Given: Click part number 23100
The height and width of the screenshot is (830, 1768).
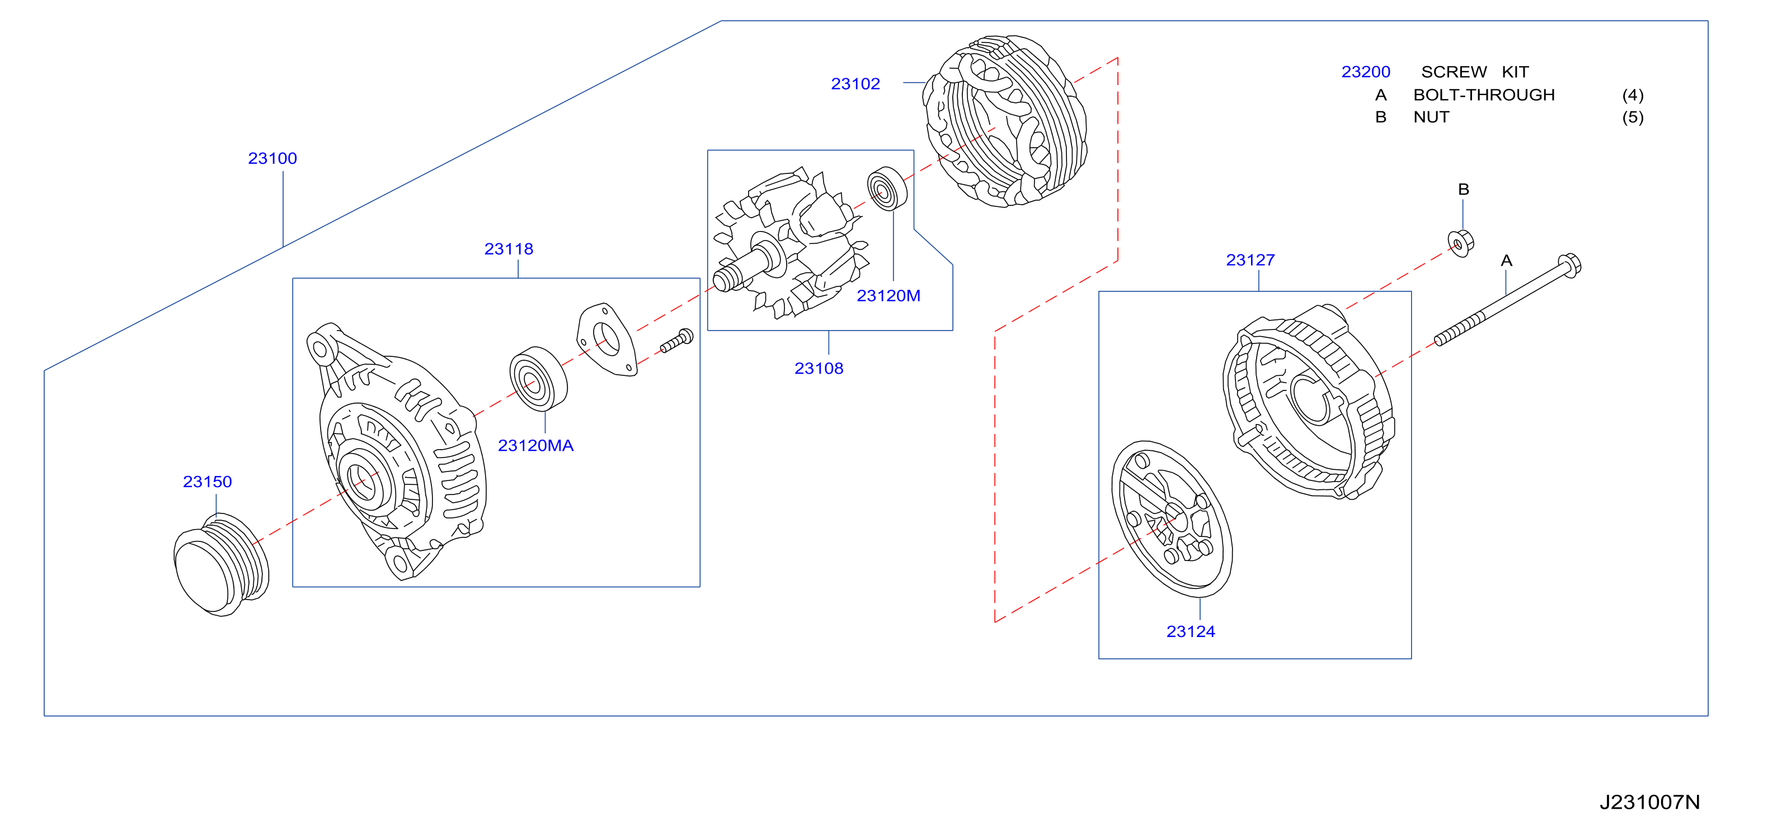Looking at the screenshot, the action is [x=272, y=158].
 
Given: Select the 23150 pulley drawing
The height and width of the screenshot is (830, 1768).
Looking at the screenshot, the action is [x=221, y=564].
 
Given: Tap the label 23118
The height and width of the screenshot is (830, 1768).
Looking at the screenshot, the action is [x=509, y=249].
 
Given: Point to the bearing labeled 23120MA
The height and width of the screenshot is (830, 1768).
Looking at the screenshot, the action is [x=538, y=379].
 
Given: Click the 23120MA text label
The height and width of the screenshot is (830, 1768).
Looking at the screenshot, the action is [x=535, y=446].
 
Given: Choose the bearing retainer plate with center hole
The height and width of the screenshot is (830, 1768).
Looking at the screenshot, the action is [x=606, y=339].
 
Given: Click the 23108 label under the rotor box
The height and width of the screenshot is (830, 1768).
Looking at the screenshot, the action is [x=819, y=369].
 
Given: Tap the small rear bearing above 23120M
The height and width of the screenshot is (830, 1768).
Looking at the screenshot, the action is [x=887, y=188].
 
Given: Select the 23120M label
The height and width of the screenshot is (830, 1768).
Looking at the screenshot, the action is [x=888, y=296].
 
